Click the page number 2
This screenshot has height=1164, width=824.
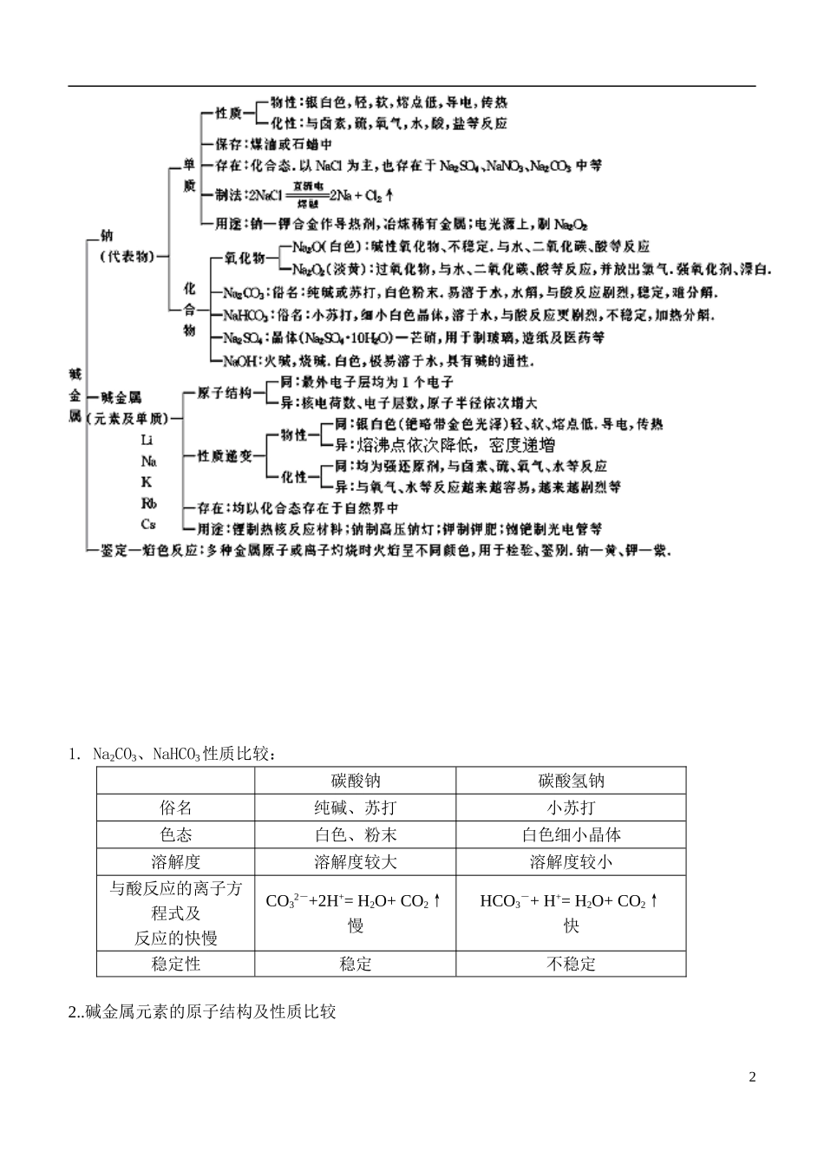[x=752, y=1076]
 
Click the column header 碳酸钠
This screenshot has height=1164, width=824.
[x=356, y=781]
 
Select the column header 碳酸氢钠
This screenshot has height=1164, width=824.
[x=571, y=781]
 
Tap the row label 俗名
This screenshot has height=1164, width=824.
[x=175, y=808]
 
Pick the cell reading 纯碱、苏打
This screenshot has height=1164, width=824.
[x=356, y=808]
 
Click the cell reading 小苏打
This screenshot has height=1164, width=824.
[x=571, y=808]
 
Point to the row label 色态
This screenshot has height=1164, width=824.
[x=175, y=834]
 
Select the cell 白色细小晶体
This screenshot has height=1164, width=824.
[x=571, y=834]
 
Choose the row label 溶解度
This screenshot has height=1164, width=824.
[x=175, y=861]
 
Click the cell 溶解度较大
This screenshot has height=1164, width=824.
[x=356, y=861]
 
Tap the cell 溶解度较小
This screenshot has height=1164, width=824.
[x=571, y=861]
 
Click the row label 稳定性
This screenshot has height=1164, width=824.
[x=175, y=963]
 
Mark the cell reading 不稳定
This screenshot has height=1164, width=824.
[x=571, y=963]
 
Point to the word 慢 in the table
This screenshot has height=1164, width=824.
[x=356, y=925]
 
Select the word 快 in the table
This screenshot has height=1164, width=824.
[x=571, y=925]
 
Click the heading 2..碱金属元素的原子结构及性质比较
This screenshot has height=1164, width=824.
[x=202, y=1011]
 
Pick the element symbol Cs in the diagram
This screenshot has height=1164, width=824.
[x=148, y=524]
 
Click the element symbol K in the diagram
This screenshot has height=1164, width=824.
[x=147, y=481]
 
